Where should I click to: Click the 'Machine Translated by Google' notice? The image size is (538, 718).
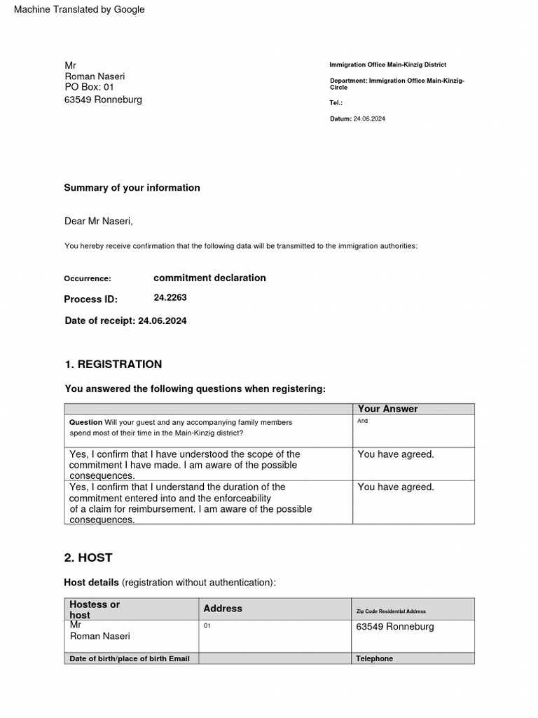point(79,9)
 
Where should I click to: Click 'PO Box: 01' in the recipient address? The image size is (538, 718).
point(89,87)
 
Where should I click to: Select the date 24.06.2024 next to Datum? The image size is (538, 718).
point(369,119)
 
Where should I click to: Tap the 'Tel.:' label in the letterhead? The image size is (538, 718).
point(336,102)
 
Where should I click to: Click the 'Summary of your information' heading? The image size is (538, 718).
point(132,188)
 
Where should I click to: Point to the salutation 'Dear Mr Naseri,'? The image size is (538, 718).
point(98,222)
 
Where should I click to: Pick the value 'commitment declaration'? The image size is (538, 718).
point(209,278)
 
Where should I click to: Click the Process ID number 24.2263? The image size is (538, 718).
point(170,298)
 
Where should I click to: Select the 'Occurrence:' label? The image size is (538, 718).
point(88,279)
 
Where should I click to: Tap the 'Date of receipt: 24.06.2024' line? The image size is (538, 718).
point(125,321)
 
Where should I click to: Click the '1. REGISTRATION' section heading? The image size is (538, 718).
point(113,365)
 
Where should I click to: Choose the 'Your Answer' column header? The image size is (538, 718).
point(387,409)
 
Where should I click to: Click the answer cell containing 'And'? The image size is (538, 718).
point(362,421)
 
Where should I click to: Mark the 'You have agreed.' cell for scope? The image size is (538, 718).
point(396,454)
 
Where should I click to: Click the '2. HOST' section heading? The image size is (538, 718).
point(88,558)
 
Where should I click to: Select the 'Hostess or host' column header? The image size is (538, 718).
point(95,609)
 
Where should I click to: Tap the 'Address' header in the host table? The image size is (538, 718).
point(223,609)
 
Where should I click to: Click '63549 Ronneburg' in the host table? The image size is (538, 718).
point(395,626)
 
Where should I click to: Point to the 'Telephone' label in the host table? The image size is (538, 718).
point(374,658)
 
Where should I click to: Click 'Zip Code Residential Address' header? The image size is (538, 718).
point(391,611)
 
